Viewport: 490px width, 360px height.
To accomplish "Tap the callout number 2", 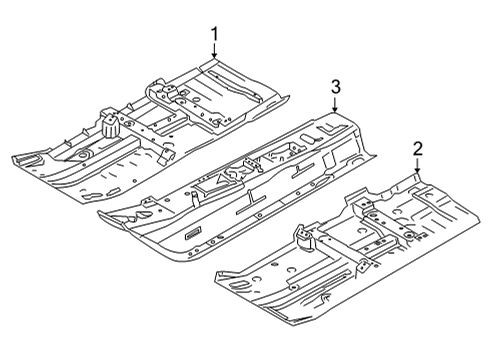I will click(418, 149).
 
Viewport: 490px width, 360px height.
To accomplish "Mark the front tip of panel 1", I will click(14, 159).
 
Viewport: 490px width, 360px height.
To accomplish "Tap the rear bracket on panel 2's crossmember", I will click(364, 206).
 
